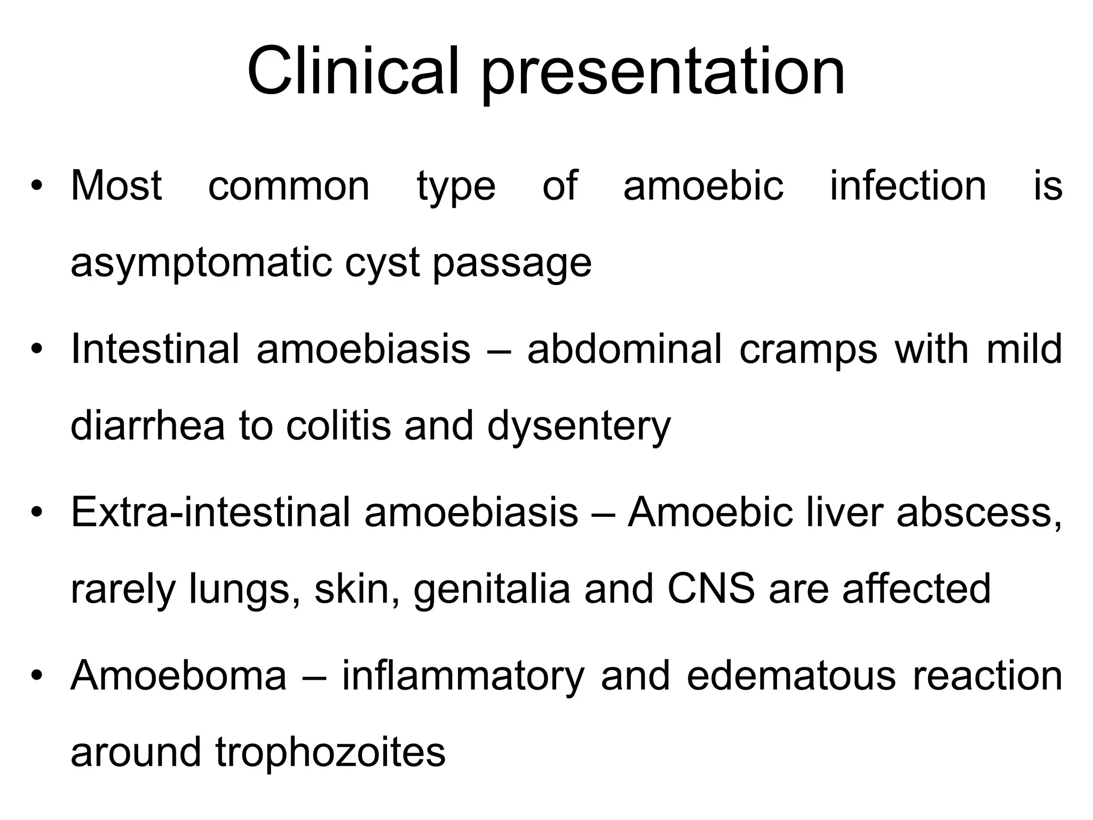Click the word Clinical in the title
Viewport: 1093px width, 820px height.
click(x=353, y=72)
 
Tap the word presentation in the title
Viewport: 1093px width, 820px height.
click(x=663, y=75)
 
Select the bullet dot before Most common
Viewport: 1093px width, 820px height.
click(x=36, y=186)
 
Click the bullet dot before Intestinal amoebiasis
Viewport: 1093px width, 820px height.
click(x=36, y=350)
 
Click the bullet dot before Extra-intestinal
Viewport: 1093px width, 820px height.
click(x=36, y=513)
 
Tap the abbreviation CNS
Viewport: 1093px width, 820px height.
click(x=711, y=589)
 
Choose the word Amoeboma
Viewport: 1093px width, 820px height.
click(x=179, y=675)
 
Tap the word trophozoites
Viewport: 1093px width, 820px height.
click(x=330, y=753)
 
